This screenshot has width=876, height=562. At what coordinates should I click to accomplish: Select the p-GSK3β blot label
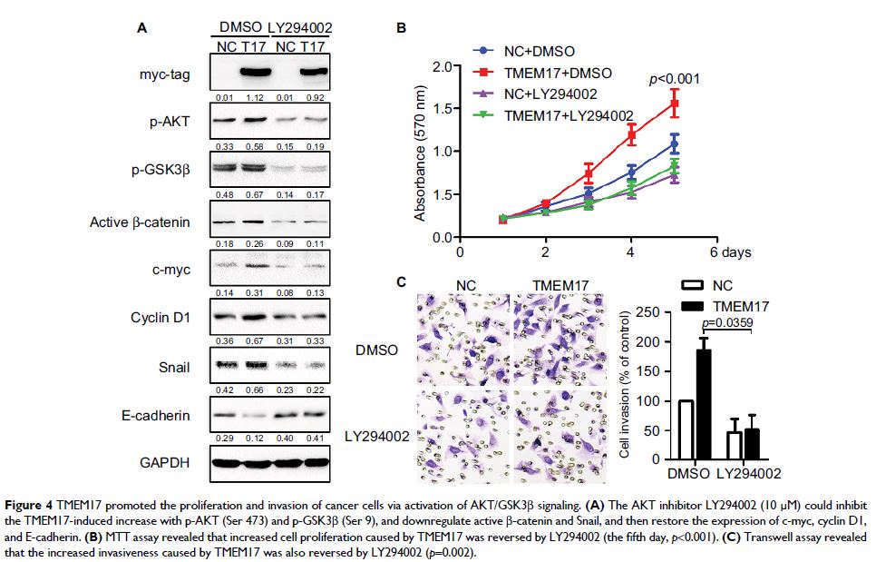[164, 169]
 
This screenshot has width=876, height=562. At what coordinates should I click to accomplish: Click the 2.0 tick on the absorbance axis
[442, 66]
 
